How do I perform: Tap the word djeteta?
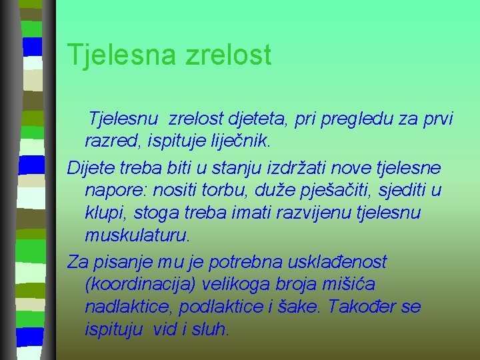pos(281,119)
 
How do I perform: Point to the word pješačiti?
pos(337,190)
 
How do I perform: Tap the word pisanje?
pos(122,262)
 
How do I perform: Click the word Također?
pos(365,307)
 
